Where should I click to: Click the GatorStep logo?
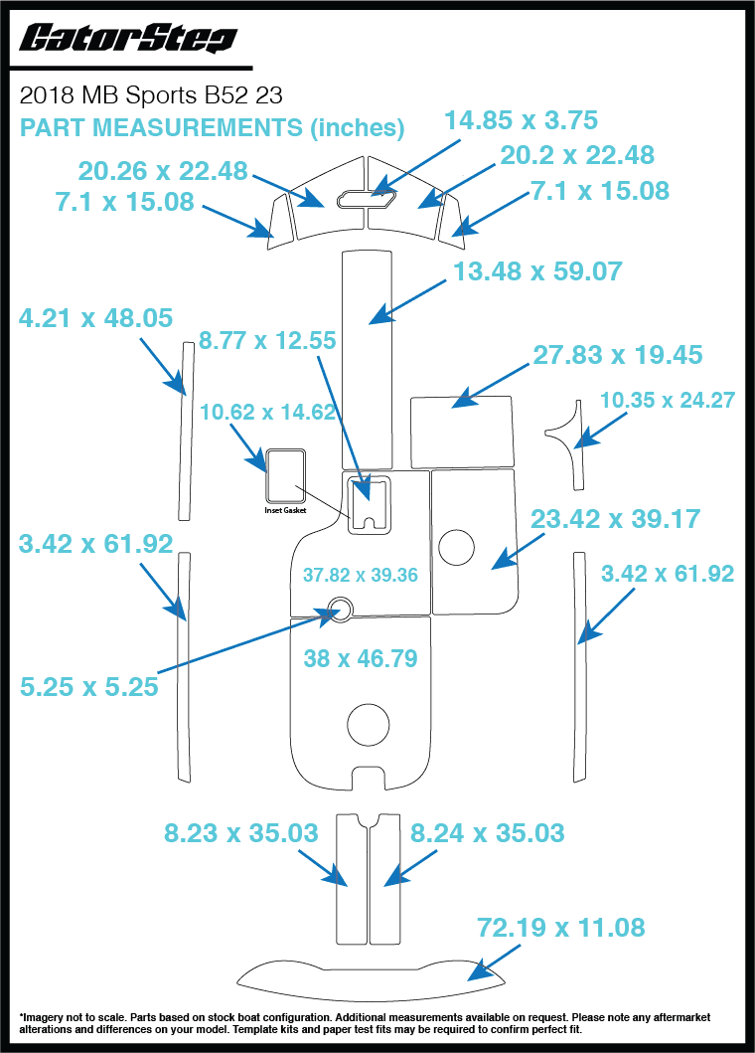128,40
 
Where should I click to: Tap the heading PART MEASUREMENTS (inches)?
212,128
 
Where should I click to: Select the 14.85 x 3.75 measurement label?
521,120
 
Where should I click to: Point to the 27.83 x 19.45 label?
617,355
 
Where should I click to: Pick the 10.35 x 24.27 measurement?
668,400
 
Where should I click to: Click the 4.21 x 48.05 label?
95,318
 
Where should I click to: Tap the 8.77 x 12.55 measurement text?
267,340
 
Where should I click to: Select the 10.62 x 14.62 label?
268,412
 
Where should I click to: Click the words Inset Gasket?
285,510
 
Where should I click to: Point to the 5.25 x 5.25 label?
89,685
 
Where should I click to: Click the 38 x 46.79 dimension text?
360,657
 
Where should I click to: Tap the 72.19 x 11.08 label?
561,928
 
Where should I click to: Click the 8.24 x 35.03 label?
488,831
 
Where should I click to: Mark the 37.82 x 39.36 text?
360,575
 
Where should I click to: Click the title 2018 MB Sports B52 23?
151,96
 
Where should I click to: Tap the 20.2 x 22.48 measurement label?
577,155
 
